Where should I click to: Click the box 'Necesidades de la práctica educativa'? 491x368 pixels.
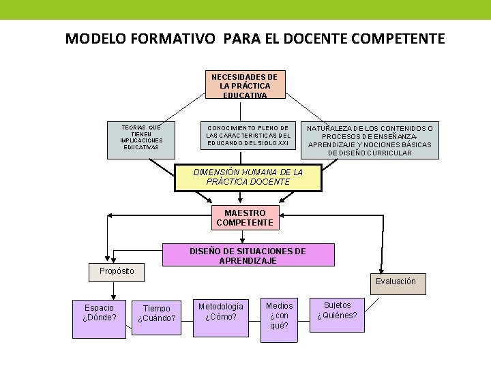coord(245,85)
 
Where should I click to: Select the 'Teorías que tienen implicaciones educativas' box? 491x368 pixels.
coord(141,140)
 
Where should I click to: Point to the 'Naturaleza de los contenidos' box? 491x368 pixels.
coord(370,140)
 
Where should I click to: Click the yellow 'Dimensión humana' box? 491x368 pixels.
coord(248,177)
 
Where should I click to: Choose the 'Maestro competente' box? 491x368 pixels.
coord(245,218)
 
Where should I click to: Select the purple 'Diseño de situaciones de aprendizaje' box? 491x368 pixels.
coord(248,255)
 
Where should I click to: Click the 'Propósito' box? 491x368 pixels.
coord(117,271)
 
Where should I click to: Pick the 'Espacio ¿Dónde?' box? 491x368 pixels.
coord(100,318)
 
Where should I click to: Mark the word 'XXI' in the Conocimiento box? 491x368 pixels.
coord(283,144)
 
